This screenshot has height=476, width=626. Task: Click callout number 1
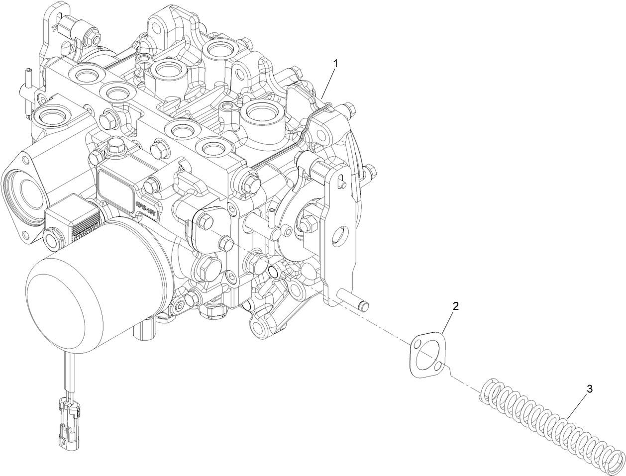click(336, 63)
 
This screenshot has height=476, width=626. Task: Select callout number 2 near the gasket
click(455, 305)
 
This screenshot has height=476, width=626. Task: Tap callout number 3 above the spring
click(589, 389)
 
